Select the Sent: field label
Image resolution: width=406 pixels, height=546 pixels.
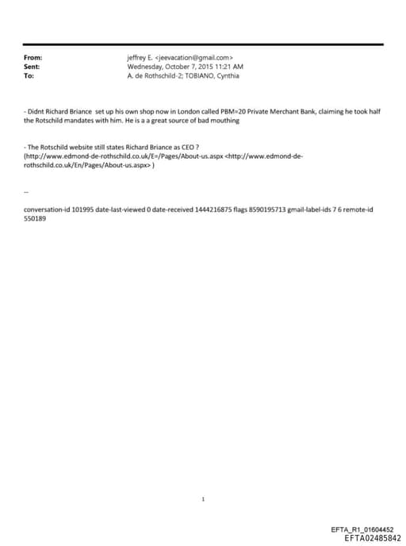(x=33, y=67)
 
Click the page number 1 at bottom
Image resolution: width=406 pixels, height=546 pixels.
(x=204, y=477)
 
